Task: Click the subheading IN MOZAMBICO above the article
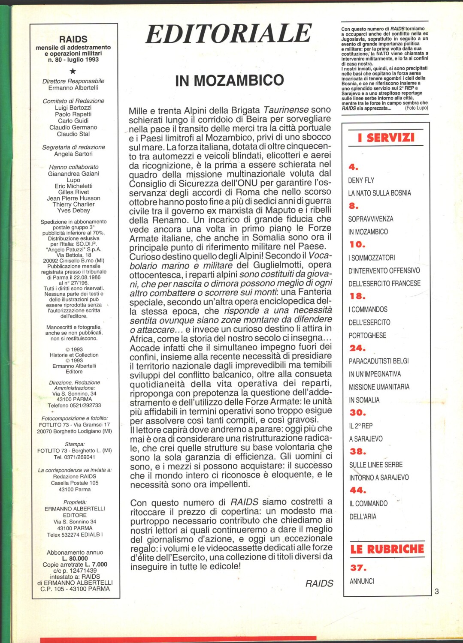click(230, 80)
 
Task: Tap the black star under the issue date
click(73, 71)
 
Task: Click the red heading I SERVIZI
click(386, 138)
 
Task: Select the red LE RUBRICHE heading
click(387, 549)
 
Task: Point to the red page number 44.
click(357, 490)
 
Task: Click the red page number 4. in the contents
click(353, 167)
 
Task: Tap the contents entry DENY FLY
click(361, 180)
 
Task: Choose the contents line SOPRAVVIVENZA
click(371, 219)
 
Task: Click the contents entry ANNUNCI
click(362, 581)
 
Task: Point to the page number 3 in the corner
click(437, 592)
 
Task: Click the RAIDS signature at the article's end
click(319, 583)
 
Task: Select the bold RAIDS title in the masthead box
click(73, 39)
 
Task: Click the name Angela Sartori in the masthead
click(73, 154)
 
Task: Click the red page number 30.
click(357, 412)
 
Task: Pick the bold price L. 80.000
click(75, 559)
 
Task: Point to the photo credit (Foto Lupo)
click(416, 108)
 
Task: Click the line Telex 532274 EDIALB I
click(75, 535)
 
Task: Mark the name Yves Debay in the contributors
click(73, 210)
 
